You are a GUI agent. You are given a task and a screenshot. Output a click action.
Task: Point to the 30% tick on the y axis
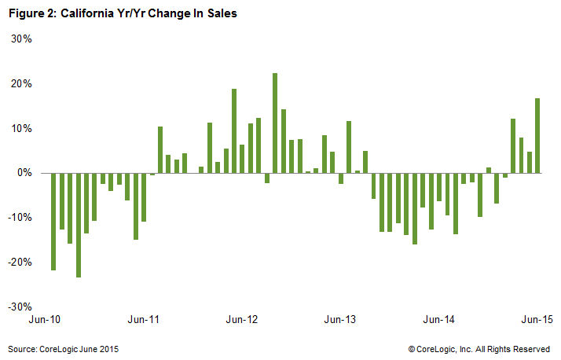[x=20, y=39]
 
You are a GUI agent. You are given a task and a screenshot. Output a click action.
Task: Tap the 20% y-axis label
[x=20, y=83]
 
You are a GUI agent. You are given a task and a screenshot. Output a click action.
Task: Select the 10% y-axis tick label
[x=20, y=128]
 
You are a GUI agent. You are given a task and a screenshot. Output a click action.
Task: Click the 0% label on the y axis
[x=23, y=173]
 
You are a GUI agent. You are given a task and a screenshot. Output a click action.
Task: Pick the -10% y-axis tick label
[x=19, y=218]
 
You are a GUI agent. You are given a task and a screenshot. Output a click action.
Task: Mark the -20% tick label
[x=19, y=263]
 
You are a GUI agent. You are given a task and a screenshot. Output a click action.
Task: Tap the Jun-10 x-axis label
[x=46, y=320]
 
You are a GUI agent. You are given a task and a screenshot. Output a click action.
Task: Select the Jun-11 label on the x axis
[x=144, y=320]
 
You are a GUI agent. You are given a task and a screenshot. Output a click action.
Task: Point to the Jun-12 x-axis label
[x=242, y=320]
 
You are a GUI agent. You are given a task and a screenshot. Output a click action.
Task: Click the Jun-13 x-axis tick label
[x=340, y=320]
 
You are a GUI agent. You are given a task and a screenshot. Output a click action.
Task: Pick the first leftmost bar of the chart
[x=53, y=221]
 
